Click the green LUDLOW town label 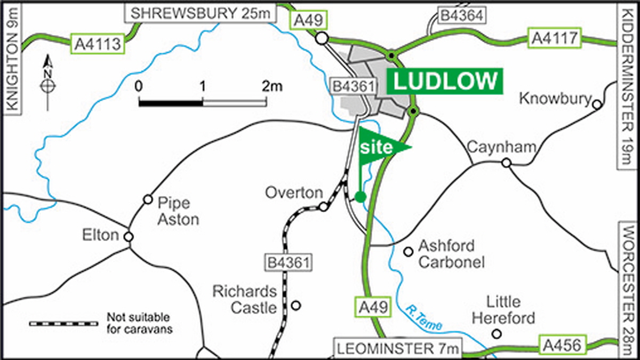(x=445, y=82)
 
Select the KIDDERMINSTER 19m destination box (x=628, y=85)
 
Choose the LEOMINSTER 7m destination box (x=397, y=349)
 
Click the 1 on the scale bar (x=202, y=86)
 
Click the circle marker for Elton (x=128, y=237)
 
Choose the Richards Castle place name (x=245, y=299)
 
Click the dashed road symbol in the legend (x=63, y=323)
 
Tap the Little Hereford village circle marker (x=497, y=334)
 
